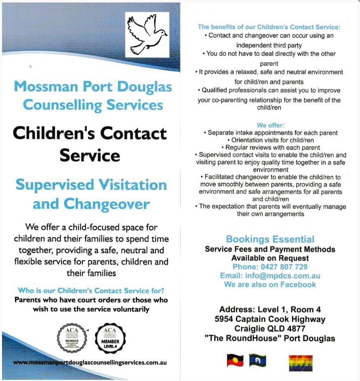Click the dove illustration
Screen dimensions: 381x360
[147, 35]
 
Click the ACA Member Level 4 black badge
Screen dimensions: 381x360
[110, 338]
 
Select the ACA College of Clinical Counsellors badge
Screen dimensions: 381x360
[72, 338]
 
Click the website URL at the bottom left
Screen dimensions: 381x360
[89, 363]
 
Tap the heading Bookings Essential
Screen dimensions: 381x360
[270, 239]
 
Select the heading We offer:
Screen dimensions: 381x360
[270, 125]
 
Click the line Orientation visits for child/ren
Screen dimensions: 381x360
[270, 140]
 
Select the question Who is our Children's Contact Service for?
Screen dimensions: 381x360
[91, 290]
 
